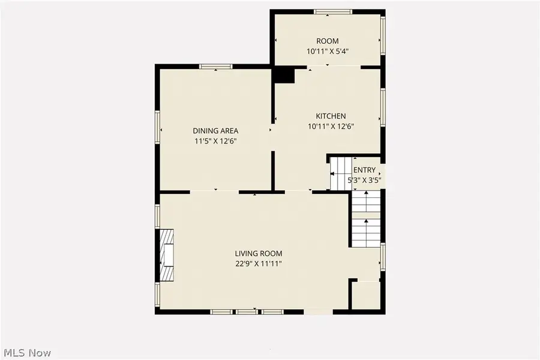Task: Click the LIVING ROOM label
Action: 259,254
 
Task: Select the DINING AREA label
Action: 215,131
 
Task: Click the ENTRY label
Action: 364,170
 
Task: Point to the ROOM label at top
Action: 328,41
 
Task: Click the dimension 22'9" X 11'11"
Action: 259,263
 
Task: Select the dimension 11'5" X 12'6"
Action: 215,142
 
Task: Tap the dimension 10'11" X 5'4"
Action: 328,52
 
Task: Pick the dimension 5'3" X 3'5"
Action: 364,180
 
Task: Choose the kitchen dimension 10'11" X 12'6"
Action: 331,127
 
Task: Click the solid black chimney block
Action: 284,76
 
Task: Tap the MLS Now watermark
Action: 27,352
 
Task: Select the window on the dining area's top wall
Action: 216,67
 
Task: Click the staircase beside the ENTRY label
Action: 340,172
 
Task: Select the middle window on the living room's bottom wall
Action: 245,311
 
